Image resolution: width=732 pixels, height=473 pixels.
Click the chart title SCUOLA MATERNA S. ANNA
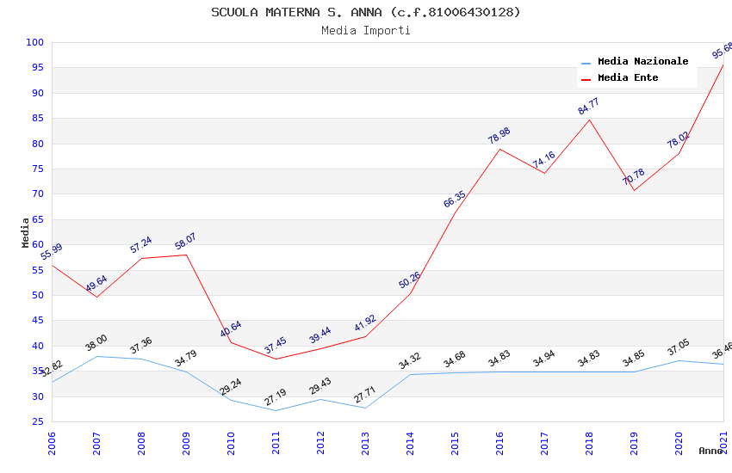coord(365,12)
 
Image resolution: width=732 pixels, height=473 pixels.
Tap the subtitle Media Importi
coord(365,30)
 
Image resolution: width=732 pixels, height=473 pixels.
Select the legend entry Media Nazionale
coord(642,61)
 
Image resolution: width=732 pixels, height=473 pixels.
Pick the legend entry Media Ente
coord(628,77)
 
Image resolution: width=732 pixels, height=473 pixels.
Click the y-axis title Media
coord(26,232)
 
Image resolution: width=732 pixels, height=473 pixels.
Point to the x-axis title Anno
coord(710,451)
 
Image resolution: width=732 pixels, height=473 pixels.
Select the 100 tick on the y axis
coord(35,42)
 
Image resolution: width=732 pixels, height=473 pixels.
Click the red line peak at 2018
coord(589,120)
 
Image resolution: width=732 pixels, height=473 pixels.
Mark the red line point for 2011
coord(276,359)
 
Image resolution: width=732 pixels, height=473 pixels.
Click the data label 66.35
coord(455,200)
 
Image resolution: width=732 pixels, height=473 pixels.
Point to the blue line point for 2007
coord(96,356)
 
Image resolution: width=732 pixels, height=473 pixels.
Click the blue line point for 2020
coord(679,360)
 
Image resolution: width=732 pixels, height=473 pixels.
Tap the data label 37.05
coord(679,347)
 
